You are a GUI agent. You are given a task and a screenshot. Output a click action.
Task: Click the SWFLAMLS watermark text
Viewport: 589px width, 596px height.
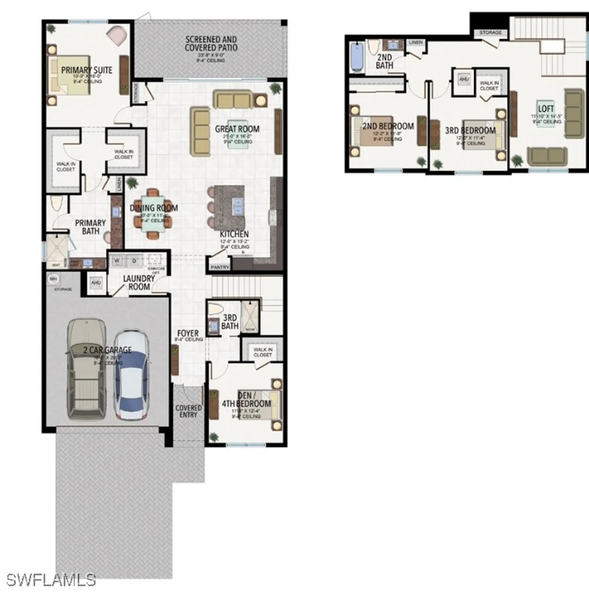(51, 580)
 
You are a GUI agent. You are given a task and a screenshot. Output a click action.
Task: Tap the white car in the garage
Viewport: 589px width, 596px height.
(132, 375)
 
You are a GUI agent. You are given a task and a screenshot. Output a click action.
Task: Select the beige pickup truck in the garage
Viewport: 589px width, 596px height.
(87, 370)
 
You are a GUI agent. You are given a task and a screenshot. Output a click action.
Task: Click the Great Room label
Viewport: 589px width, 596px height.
(237, 129)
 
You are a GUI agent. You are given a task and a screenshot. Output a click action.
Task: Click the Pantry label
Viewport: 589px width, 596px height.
(220, 267)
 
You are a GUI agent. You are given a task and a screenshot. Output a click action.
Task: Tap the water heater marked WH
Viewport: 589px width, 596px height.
(54, 279)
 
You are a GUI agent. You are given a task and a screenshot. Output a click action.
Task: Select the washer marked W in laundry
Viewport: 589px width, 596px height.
(117, 261)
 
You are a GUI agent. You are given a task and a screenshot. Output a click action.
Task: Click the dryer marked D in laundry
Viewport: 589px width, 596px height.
(134, 261)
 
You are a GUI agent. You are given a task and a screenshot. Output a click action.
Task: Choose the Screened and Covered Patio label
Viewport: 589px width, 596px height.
(211, 44)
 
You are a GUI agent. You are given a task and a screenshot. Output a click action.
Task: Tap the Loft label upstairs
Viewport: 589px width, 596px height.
(546, 108)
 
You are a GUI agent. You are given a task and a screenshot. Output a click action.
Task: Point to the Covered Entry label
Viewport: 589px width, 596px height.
(189, 411)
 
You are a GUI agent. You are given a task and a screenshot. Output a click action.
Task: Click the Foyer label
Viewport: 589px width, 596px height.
(188, 333)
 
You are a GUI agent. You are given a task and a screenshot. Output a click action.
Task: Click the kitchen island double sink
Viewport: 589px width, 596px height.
(237, 207)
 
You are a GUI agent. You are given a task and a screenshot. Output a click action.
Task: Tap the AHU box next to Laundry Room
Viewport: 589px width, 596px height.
(96, 283)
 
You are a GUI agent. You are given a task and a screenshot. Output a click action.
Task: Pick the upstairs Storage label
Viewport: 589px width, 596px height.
(491, 33)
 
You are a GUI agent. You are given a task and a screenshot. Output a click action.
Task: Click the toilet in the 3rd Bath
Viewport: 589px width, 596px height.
(216, 309)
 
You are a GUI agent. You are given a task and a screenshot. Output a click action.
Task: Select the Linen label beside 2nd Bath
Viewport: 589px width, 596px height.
(416, 42)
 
